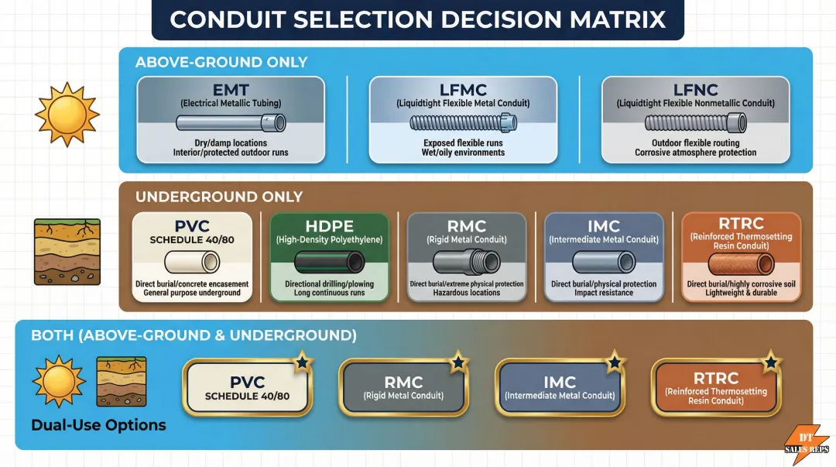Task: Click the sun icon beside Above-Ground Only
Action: coord(67,114)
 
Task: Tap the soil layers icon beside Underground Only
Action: coord(67,252)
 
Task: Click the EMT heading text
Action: coord(231,90)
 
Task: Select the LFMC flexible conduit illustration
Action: coord(463,123)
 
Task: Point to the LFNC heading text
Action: coord(695,90)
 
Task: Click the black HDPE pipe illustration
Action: coord(329,262)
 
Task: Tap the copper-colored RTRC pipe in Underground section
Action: coord(741,263)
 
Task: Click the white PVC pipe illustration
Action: coord(192,262)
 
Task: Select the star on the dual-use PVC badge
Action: coord(303,362)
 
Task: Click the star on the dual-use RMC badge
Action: coord(458,362)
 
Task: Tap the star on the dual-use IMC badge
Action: coord(615,362)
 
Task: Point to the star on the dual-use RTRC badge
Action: coord(771,362)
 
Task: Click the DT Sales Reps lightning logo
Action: coord(806,444)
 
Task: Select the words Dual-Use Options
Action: coord(98,425)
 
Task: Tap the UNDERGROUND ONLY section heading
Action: coord(219,197)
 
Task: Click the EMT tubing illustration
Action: coord(231,123)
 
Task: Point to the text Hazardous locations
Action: coord(467,293)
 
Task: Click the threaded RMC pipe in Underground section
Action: coord(467,262)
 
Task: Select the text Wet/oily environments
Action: coord(463,153)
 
